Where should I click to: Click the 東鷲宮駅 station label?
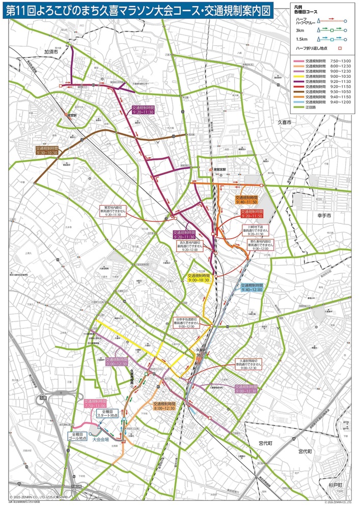click(220, 172)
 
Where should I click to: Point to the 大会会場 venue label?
click(103, 437)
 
